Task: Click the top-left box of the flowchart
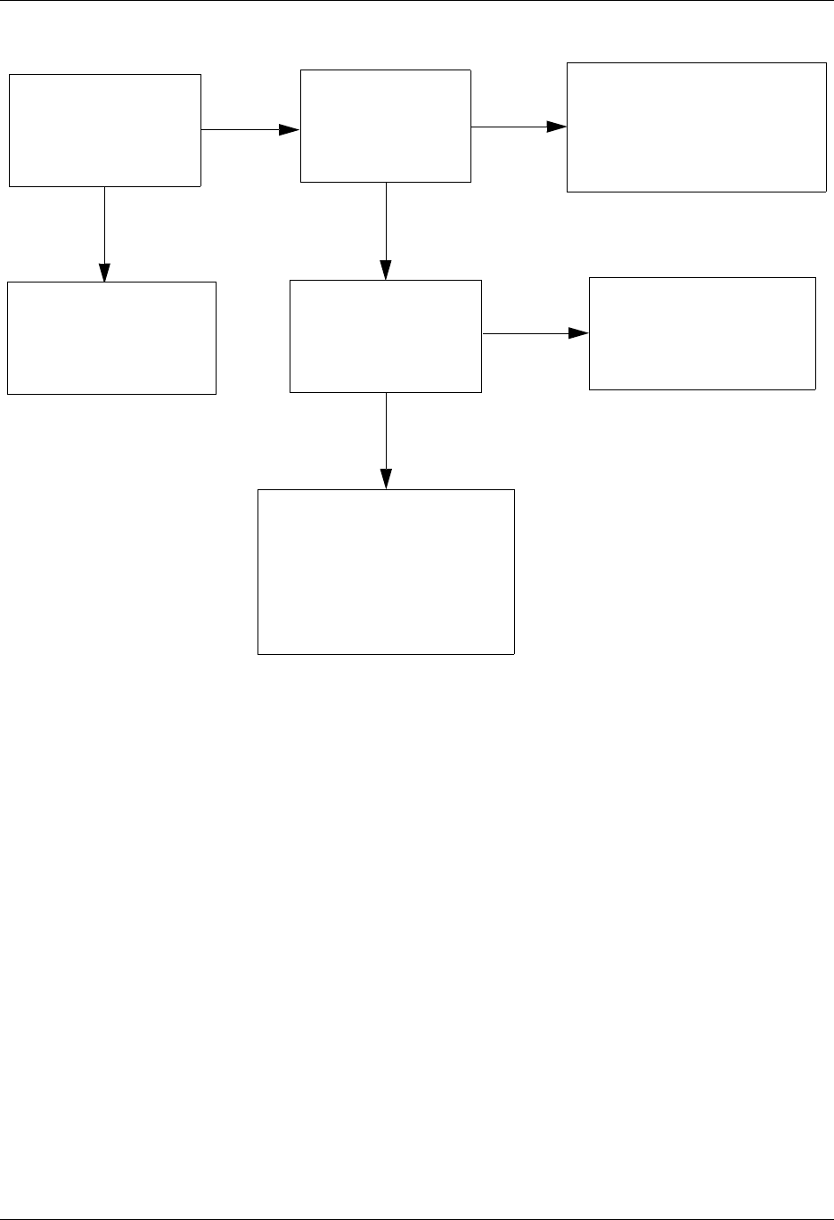(x=105, y=130)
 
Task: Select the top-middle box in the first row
(x=386, y=126)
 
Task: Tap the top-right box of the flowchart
(x=697, y=127)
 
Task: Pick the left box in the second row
(x=111, y=338)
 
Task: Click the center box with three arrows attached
(x=386, y=336)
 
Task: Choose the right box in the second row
(x=702, y=333)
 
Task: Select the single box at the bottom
(x=386, y=572)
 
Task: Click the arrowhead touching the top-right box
(x=557, y=127)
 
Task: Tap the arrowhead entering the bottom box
(x=386, y=479)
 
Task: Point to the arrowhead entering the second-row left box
(x=105, y=272)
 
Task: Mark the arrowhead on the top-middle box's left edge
(x=290, y=130)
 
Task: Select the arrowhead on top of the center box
(x=386, y=270)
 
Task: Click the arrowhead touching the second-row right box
(x=579, y=333)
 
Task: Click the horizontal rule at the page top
(x=417, y=1)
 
